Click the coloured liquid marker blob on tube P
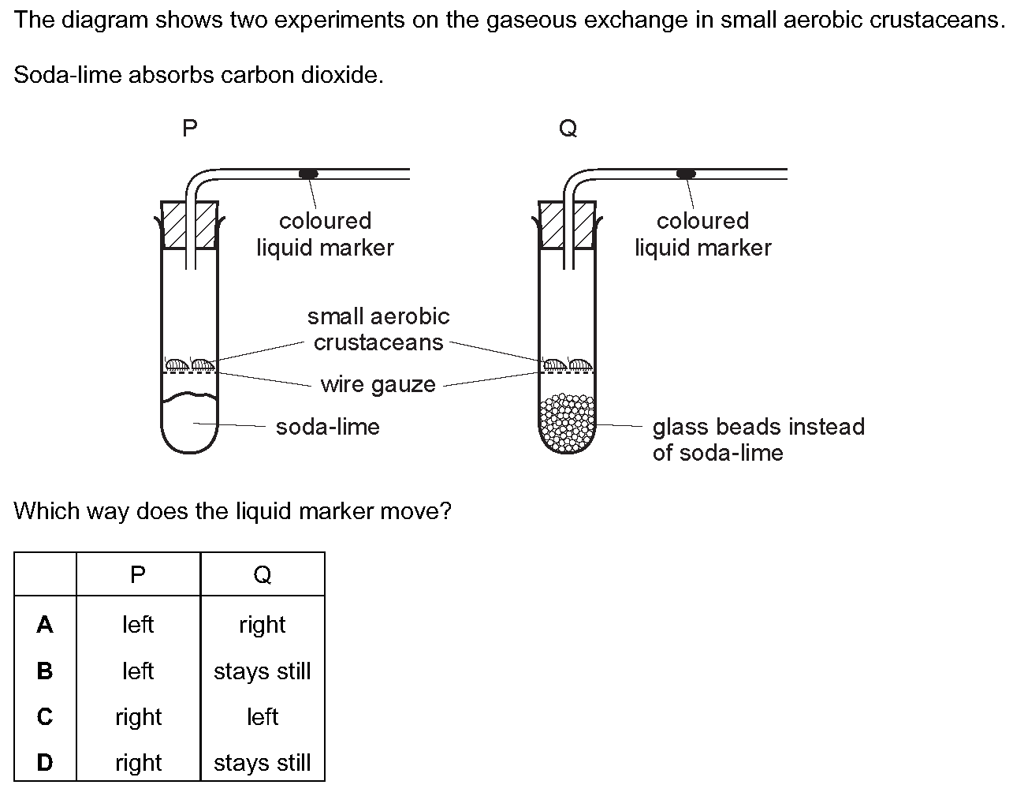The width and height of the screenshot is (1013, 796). pos(308,173)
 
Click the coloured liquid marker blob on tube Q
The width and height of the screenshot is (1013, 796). pos(687,173)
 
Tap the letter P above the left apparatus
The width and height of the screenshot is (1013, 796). pos(189,128)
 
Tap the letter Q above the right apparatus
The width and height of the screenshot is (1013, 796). pos(568,128)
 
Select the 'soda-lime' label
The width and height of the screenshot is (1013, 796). pos(327,427)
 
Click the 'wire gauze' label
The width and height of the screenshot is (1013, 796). pos(378,384)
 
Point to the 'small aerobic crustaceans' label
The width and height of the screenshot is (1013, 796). pos(378,329)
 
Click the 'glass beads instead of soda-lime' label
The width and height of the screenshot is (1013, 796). pos(758,439)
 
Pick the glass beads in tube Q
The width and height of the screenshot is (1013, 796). pos(567,424)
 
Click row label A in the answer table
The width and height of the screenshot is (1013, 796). pos(45,625)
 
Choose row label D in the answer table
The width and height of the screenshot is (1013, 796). pos(45,763)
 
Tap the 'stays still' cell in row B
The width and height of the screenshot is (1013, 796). pos(263,671)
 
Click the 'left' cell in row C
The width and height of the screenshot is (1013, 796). pos(263,717)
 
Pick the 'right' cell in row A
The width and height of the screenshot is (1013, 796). pos(263,625)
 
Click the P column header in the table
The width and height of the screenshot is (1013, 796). pos(138,574)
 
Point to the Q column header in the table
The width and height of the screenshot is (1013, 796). pos(263,574)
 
